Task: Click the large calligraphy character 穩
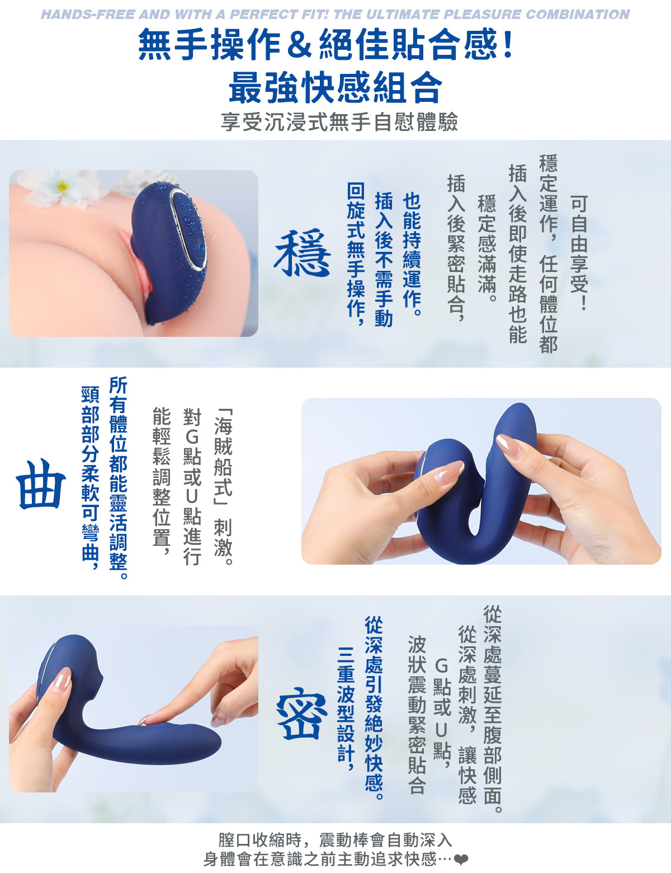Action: (x=302, y=253)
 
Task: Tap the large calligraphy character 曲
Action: (x=40, y=484)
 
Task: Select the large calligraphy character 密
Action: (x=301, y=715)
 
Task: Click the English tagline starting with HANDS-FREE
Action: (x=335, y=15)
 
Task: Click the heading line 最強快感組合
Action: (x=335, y=88)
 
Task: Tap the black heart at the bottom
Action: (x=461, y=860)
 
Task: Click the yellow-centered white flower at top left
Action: (x=63, y=186)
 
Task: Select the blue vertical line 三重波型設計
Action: (x=346, y=708)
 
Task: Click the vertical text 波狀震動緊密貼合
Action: (x=417, y=714)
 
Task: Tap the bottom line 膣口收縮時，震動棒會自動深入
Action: (x=335, y=840)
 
